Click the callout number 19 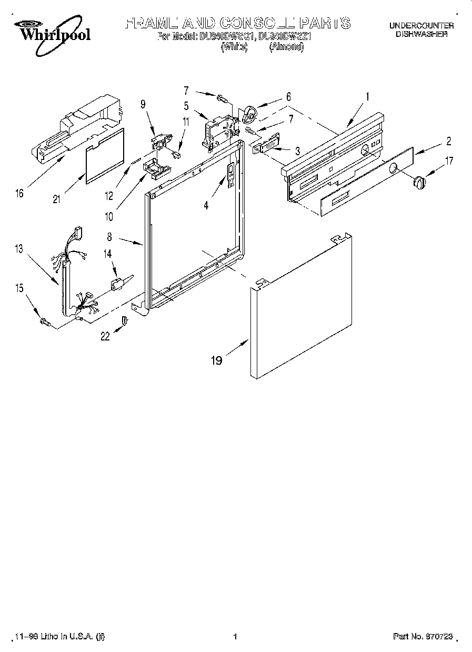[216, 360]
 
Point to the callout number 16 [19, 193]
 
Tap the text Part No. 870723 [423, 636]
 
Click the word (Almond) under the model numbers [286, 47]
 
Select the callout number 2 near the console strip [448, 141]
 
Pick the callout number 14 [107, 254]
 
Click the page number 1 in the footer [235, 636]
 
